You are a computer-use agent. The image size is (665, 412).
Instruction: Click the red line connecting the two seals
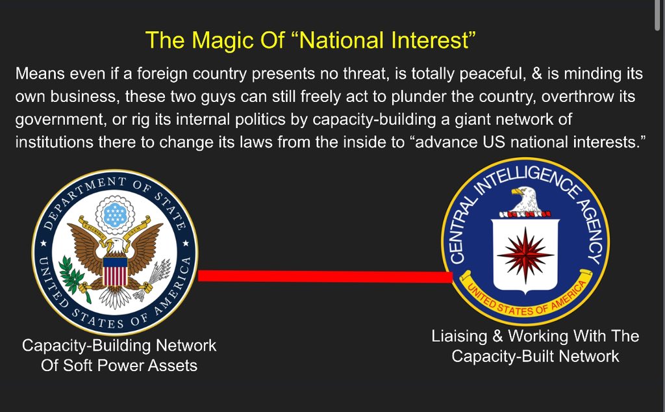click(x=326, y=276)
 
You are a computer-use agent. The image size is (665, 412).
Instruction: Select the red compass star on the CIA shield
click(x=525, y=255)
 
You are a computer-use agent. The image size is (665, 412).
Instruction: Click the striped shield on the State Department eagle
click(x=115, y=272)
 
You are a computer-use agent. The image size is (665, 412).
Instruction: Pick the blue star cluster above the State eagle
click(x=115, y=214)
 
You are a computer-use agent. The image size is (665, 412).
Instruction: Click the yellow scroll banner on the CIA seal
click(x=526, y=299)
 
